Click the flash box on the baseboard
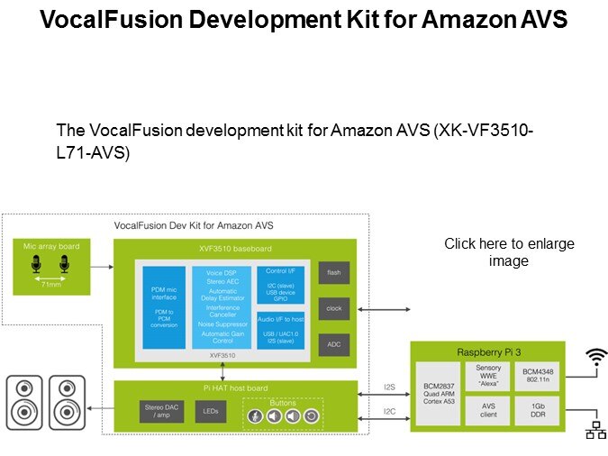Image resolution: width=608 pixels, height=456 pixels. (333, 271)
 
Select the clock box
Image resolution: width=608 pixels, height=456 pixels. (333, 308)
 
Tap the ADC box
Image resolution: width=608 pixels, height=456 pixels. (333, 344)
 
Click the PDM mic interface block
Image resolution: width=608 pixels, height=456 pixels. (164, 306)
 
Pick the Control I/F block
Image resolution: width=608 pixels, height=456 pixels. (279, 283)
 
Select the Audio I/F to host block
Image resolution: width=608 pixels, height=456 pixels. (279, 329)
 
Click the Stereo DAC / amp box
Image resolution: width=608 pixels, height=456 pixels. (163, 411)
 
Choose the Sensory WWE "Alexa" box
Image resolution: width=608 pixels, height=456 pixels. (488, 375)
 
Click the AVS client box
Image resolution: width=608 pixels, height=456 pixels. (488, 411)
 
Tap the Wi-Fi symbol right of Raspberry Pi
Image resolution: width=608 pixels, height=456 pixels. (596, 360)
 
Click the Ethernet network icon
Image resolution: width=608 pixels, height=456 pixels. (596, 430)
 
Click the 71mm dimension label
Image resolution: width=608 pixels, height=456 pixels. (50, 282)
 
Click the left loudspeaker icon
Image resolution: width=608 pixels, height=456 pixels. (25, 402)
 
